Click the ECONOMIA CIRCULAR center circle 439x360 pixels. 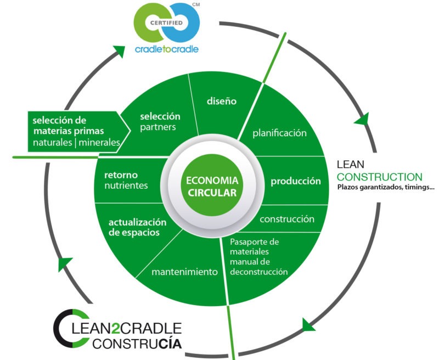pos(211,187)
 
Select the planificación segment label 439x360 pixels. pos(279,133)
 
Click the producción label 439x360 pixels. pos(295,181)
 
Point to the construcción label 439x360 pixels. pos(287,219)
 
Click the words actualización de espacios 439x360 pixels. pos(137,227)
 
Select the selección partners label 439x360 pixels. pos(160,122)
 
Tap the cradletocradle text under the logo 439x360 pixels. pos(167,49)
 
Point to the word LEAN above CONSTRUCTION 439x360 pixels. pos(350,165)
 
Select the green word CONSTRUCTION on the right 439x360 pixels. pos(380,177)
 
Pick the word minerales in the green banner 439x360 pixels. pos(99,143)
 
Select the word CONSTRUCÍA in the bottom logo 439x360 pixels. pos(137,345)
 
